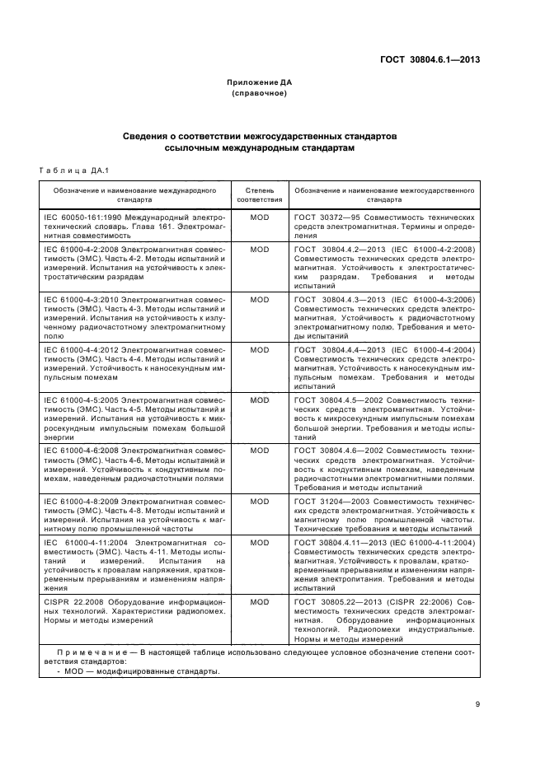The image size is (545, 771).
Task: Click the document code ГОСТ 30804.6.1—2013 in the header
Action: pos(430,58)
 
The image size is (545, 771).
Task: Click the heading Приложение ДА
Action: pos(260,82)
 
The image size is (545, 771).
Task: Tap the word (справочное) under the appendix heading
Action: pos(260,93)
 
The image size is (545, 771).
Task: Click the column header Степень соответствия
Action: pos(260,194)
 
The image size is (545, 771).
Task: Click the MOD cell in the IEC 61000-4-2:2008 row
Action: pos(260,248)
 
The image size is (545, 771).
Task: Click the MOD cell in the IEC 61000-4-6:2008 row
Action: pos(260,451)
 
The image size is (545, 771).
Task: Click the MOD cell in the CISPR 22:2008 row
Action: pos(260,602)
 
